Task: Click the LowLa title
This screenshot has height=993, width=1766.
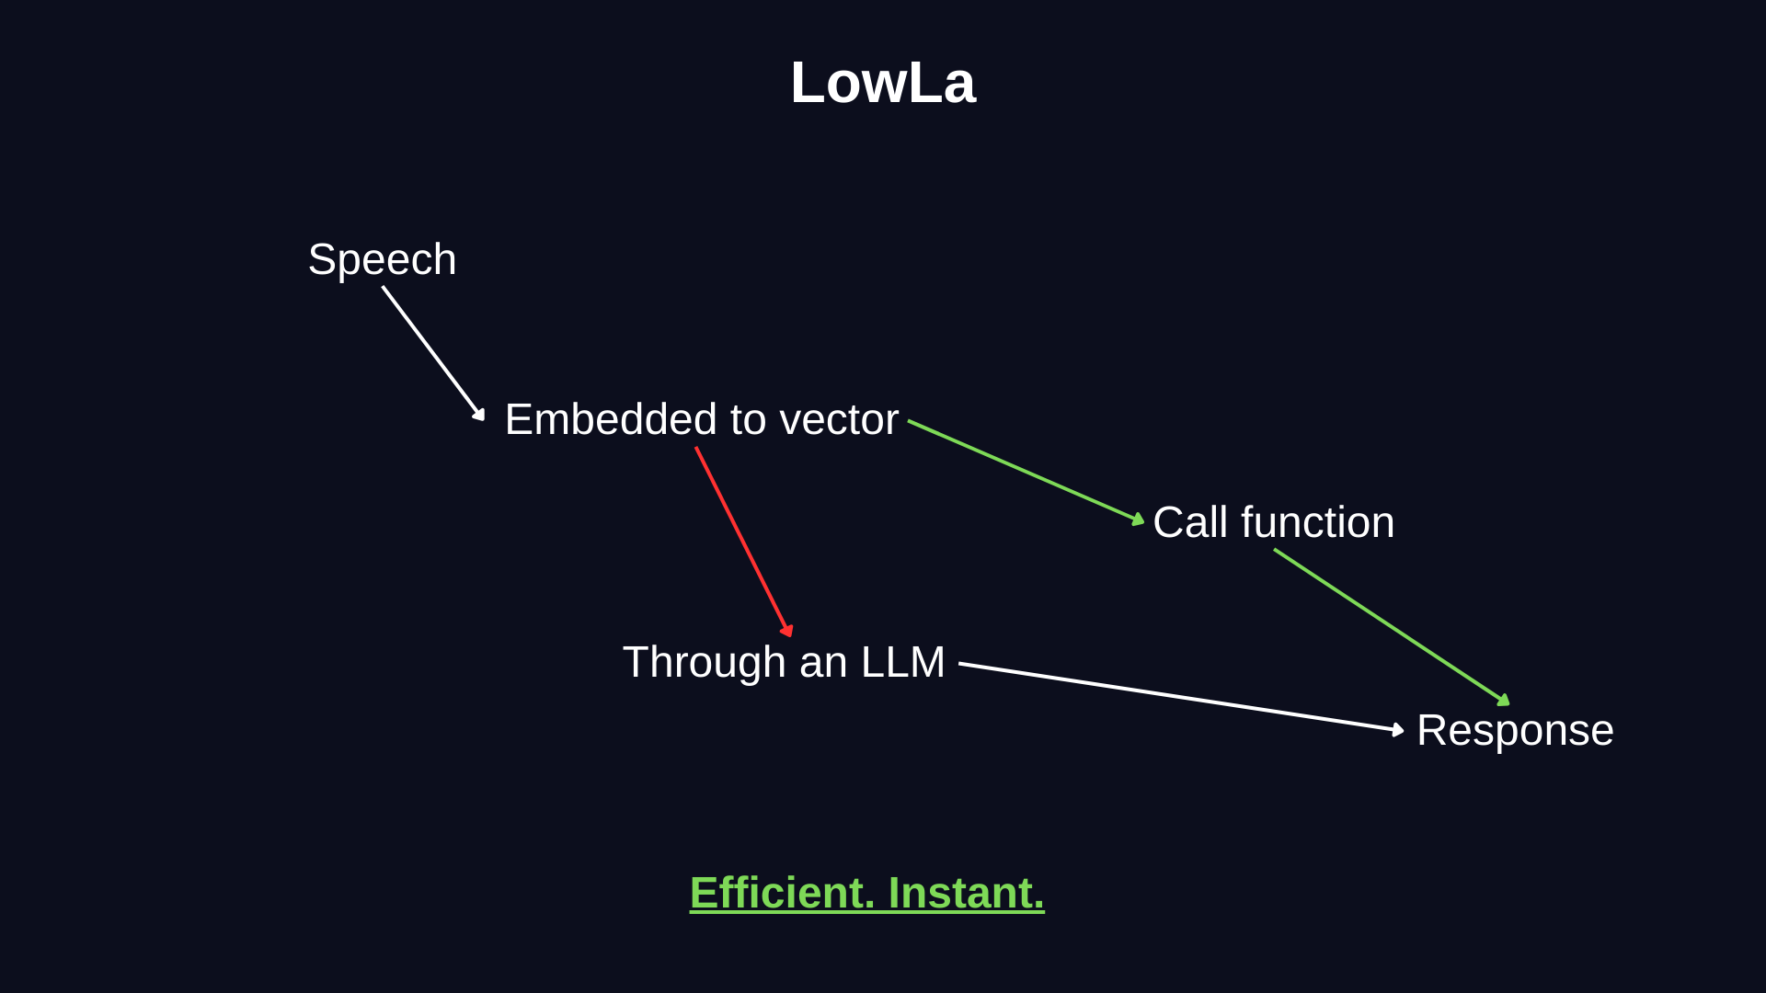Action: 882,83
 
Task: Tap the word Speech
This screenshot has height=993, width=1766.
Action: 382,259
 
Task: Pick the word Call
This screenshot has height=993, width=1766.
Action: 1190,522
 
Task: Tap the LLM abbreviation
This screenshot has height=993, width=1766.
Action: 902,662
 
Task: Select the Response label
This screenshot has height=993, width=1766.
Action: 1515,731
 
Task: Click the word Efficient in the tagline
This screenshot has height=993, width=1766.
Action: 782,893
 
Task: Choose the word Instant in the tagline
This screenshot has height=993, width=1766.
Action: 966,893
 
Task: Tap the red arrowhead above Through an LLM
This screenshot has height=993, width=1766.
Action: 787,632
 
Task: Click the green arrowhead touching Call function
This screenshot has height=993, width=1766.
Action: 1139,520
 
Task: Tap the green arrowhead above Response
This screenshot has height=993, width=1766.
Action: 1504,701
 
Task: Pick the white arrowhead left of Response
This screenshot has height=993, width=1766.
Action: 1399,730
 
